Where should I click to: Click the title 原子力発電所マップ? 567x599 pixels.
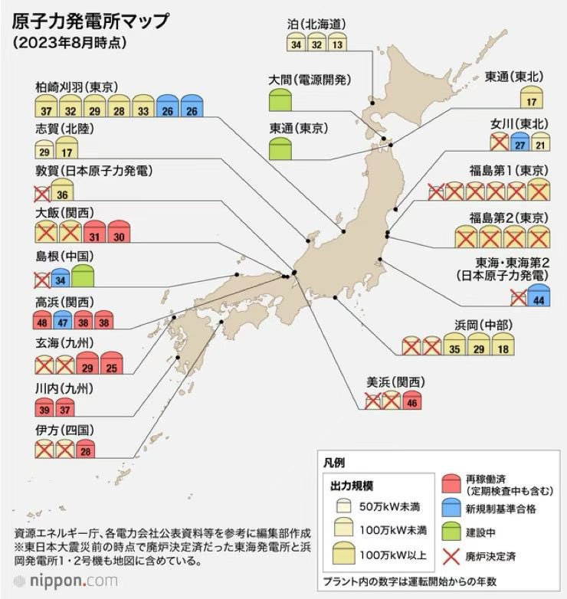point(91,19)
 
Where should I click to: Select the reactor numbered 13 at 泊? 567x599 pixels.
point(337,44)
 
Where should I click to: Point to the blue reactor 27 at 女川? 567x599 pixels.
point(520,142)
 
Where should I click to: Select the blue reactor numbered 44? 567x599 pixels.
point(539,296)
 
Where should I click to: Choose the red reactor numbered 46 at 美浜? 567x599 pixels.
point(413,399)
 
